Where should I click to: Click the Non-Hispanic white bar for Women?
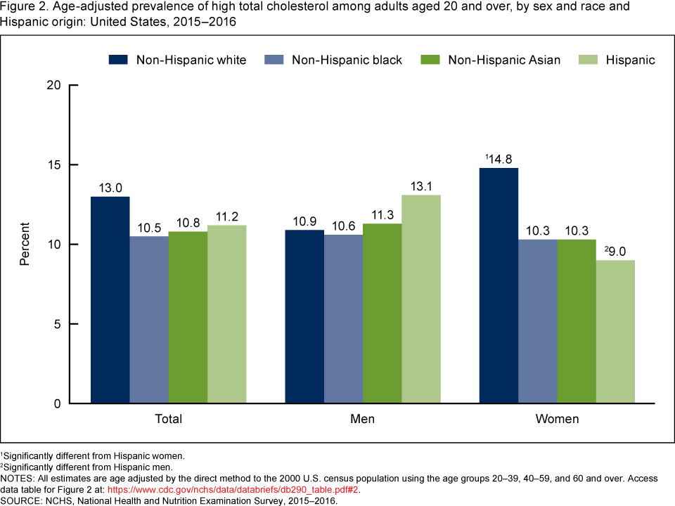[x=499, y=285]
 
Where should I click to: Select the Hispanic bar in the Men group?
[x=421, y=299]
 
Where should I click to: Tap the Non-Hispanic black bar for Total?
[x=149, y=320]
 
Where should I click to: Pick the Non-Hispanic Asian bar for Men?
[x=382, y=313]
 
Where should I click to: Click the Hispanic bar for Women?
[x=615, y=332]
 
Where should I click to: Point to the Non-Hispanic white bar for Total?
[x=110, y=299]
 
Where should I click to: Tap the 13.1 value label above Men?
[x=421, y=186]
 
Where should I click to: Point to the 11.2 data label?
[x=226, y=216]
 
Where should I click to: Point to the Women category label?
[x=557, y=420]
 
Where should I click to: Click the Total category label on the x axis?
[x=168, y=420]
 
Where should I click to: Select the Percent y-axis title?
[x=25, y=245]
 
